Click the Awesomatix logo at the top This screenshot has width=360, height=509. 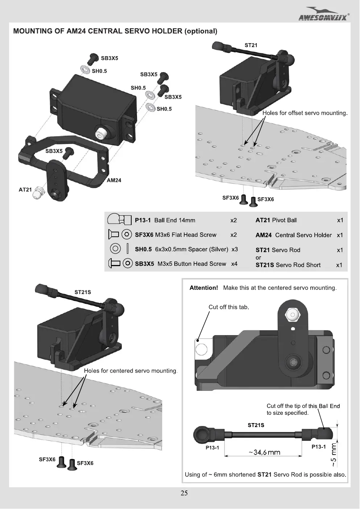[x=324, y=14]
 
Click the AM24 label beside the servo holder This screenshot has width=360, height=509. [x=114, y=180]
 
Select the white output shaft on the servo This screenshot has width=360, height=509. [x=102, y=132]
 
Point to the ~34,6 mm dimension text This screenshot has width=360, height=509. [x=265, y=452]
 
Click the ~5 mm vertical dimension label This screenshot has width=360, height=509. [x=334, y=455]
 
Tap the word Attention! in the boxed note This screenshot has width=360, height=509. [x=204, y=288]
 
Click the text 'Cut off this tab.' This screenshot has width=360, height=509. [x=229, y=307]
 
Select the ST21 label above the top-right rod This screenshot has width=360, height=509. [x=251, y=45]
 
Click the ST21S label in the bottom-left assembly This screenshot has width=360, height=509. [x=83, y=292]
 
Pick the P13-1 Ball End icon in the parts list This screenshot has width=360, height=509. [x=119, y=220]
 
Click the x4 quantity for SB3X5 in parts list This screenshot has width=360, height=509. [x=234, y=264]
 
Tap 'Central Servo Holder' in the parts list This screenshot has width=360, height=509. [x=303, y=235]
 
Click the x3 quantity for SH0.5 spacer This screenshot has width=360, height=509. [x=235, y=249]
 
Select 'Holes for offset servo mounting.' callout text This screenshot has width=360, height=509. [x=305, y=113]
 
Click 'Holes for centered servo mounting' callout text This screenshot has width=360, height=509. [x=131, y=371]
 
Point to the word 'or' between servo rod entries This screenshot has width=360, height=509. [x=258, y=258]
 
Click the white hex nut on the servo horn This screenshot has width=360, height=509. [x=293, y=315]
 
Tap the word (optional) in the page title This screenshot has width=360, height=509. [x=201, y=31]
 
